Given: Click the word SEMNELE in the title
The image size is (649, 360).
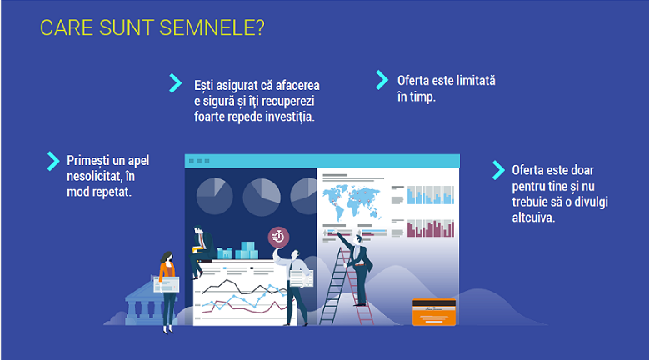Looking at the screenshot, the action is click(x=211, y=28).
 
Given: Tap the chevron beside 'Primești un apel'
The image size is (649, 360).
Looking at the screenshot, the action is click(x=53, y=161).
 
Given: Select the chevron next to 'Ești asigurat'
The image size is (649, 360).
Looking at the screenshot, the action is click(x=176, y=83).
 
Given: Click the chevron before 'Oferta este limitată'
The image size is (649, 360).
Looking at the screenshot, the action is click(x=382, y=80).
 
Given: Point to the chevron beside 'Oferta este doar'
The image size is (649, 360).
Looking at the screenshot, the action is click(x=498, y=170).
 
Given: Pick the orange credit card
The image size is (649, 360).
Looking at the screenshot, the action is click(x=434, y=312).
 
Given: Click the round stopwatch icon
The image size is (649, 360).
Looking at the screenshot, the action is click(x=278, y=237).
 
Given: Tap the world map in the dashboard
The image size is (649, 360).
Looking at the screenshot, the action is click(x=352, y=202).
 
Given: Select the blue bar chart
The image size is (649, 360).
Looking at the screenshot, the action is click(x=431, y=195).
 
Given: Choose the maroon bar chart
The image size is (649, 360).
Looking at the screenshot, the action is click(x=431, y=228).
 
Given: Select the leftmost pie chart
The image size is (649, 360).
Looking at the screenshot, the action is click(x=214, y=196).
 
